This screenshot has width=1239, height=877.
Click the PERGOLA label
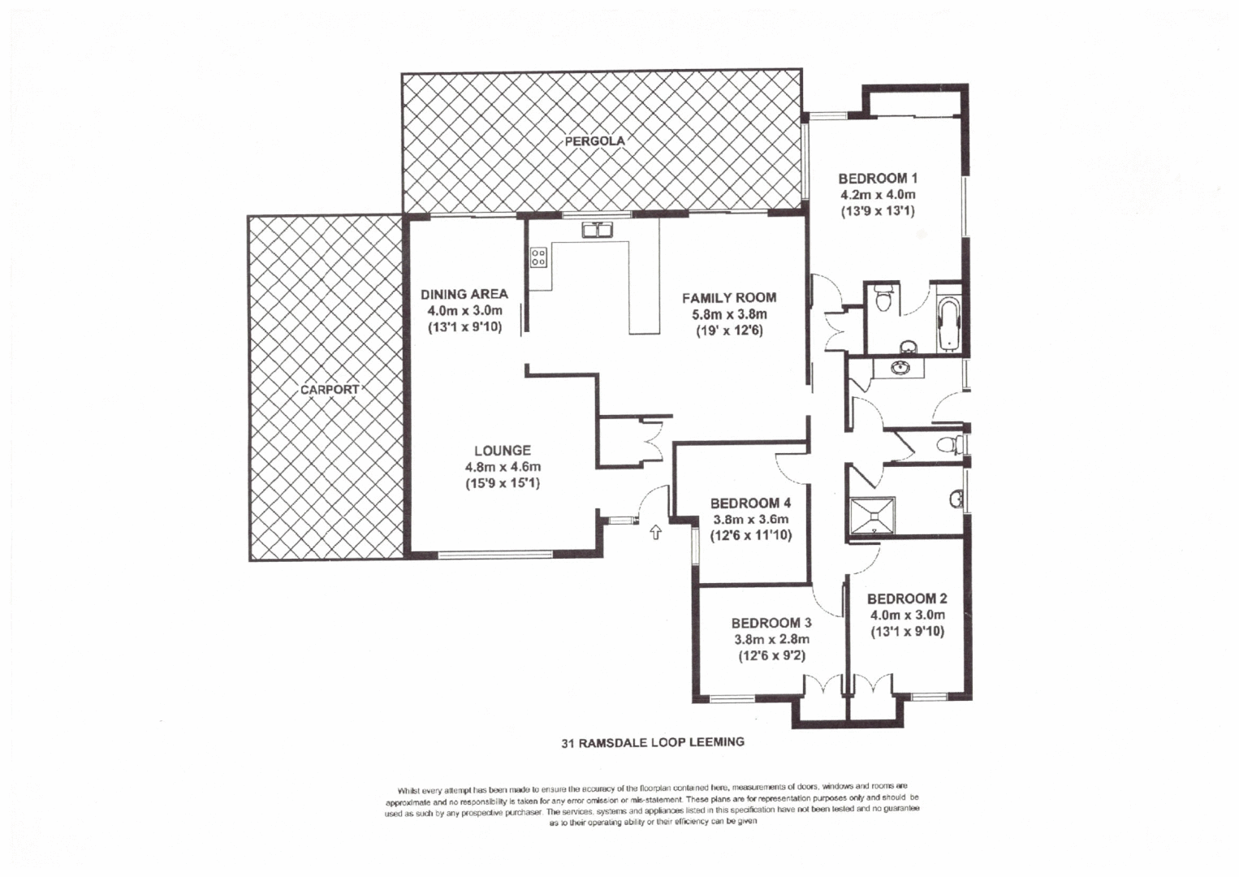click(x=594, y=140)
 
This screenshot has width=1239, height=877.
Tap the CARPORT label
click(x=329, y=390)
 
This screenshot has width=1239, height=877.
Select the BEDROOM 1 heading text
click(x=878, y=178)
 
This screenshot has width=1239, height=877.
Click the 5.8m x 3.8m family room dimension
click(x=729, y=314)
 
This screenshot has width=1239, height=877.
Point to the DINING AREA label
click(x=464, y=294)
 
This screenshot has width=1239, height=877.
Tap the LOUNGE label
click(x=503, y=451)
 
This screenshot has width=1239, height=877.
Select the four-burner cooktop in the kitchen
click(x=537, y=257)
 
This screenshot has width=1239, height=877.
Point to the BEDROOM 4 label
click(x=750, y=503)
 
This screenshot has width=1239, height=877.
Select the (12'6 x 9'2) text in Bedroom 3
click(x=771, y=656)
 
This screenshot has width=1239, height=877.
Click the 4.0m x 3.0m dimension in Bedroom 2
click(x=907, y=615)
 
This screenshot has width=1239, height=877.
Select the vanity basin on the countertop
click(x=900, y=368)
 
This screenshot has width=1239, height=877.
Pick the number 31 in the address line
click(x=568, y=741)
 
